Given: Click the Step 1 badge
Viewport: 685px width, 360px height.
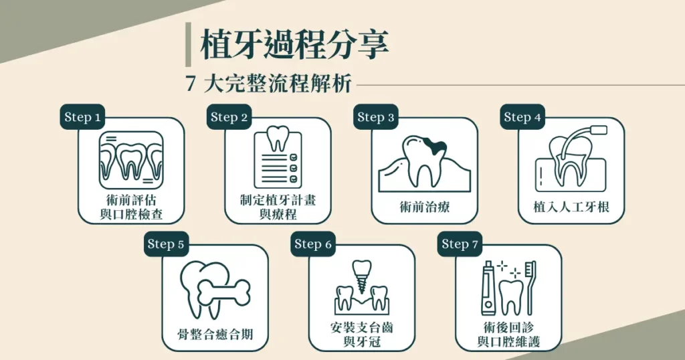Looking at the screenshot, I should point(83,117).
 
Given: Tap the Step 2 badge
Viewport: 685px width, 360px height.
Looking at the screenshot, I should point(229,117).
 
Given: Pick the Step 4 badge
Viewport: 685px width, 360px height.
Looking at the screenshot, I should point(522,117).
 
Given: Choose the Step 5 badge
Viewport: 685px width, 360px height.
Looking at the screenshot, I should point(165,244).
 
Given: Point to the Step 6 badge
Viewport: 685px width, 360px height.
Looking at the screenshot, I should point(312,244).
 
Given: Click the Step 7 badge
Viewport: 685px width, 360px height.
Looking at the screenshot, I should point(460,244).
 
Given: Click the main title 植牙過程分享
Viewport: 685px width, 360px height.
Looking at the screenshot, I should point(294,45).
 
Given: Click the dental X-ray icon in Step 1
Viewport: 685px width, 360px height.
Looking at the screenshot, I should point(130,159).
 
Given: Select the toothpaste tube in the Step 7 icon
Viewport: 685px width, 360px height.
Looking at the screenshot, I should point(488,288).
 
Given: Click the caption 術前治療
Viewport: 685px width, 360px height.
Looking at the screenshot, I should point(424,207).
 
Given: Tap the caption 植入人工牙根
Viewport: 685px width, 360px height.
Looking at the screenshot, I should point(572,207).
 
